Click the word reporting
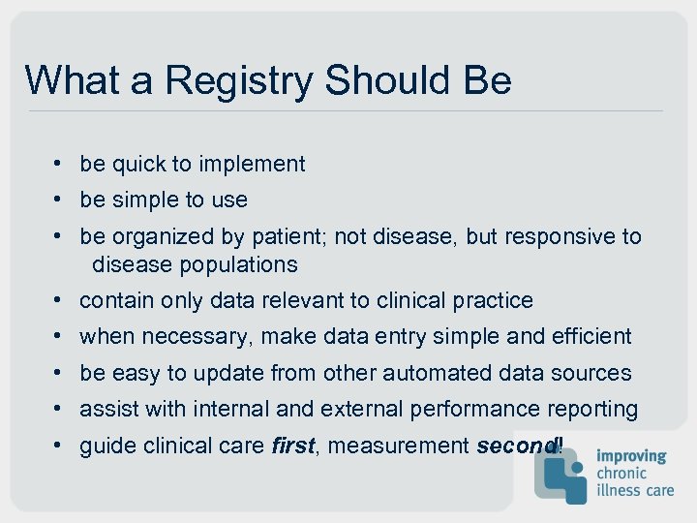(x=591, y=410)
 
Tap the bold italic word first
(x=292, y=446)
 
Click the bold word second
(x=516, y=446)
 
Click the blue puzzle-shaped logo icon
(x=561, y=472)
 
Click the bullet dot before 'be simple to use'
(x=59, y=200)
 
